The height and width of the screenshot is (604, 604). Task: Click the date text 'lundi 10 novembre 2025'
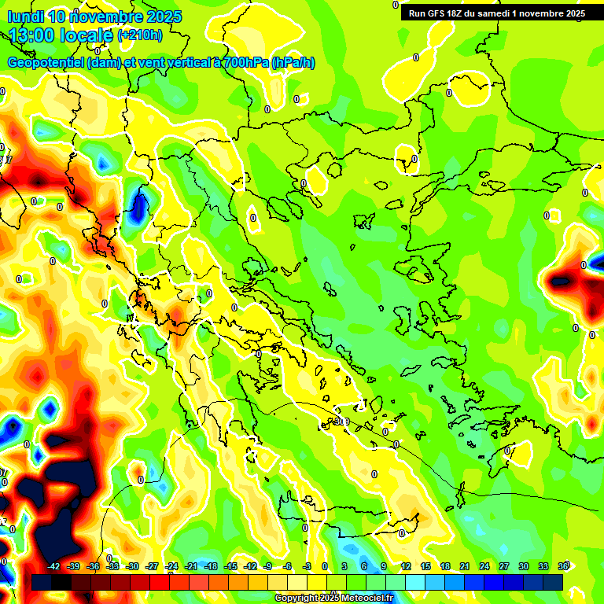tap(94, 17)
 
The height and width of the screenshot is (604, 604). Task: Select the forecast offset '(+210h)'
tap(139, 35)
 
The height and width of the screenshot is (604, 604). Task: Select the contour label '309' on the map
tap(341, 422)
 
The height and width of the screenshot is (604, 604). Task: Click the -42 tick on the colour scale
tap(54, 566)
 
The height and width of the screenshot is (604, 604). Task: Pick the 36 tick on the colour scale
tap(563, 566)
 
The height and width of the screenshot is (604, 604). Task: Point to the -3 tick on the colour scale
tap(308, 566)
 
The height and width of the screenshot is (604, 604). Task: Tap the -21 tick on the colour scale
tap(191, 566)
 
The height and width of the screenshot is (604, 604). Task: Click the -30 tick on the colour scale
tap(132, 566)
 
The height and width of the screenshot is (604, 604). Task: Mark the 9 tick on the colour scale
tap(384, 566)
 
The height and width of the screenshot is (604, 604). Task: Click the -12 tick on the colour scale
tap(250, 566)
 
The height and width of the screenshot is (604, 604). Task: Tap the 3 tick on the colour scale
tap(344, 566)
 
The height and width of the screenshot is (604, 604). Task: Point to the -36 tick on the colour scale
tap(94, 566)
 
